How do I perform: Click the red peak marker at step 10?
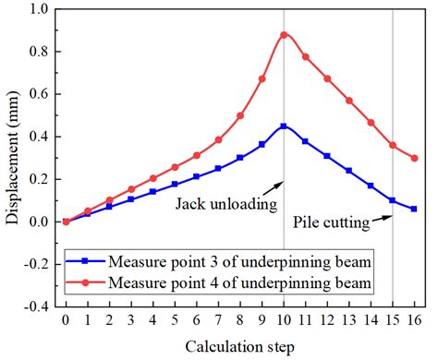pyautogui.click(x=284, y=35)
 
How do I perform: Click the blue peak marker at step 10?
pyautogui.click(x=284, y=126)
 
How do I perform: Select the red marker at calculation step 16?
pyautogui.click(x=414, y=158)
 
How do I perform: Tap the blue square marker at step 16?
pyautogui.click(x=414, y=209)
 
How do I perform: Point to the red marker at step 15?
pyautogui.click(x=393, y=145)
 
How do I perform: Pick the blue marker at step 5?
pyautogui.click(x=175, y=184)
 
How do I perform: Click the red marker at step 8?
pyautogui.click(x=240, y=115)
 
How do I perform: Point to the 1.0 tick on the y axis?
pyautogui.click(x=42, y=9)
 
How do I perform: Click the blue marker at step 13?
pyautogui.click(x=349, y=171)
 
